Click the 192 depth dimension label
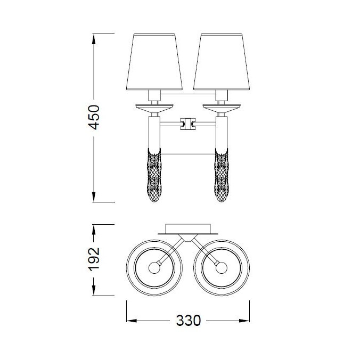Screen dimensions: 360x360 click(94, 259)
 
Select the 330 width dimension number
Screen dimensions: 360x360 click(189, 321)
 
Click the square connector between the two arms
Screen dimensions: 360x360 click(187, 124)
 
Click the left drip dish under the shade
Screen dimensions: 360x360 click(154, 107)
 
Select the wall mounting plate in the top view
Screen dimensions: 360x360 click(190, 230)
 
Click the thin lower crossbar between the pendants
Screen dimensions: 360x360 click(187, 154)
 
